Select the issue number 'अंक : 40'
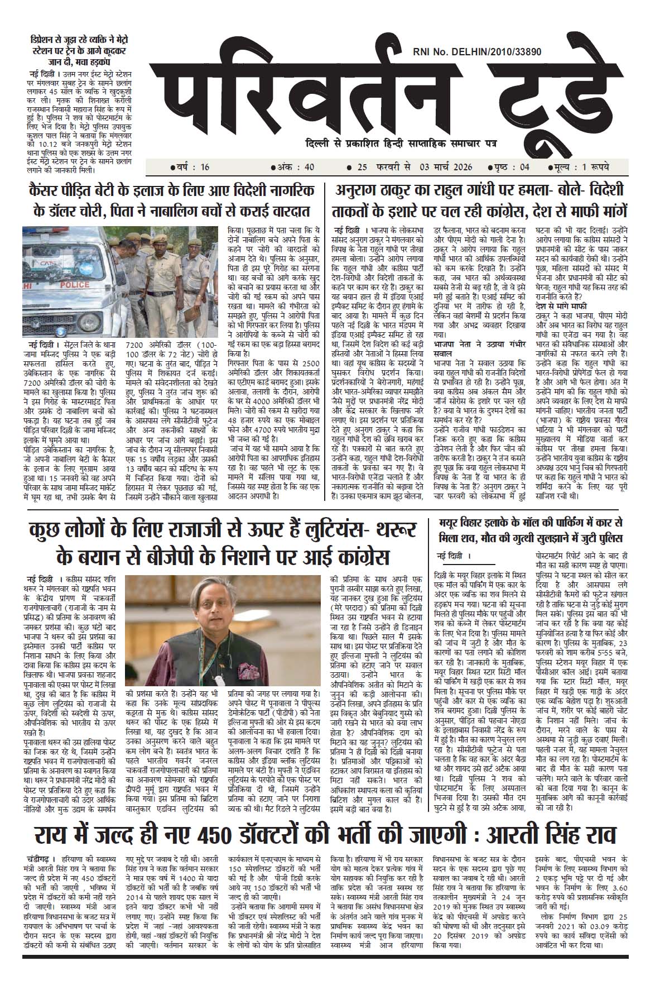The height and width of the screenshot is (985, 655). tap(293, 167)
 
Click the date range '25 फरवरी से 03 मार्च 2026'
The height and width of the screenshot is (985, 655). tap(410, 167)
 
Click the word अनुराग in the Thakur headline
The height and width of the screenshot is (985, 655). tap(360, 190)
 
